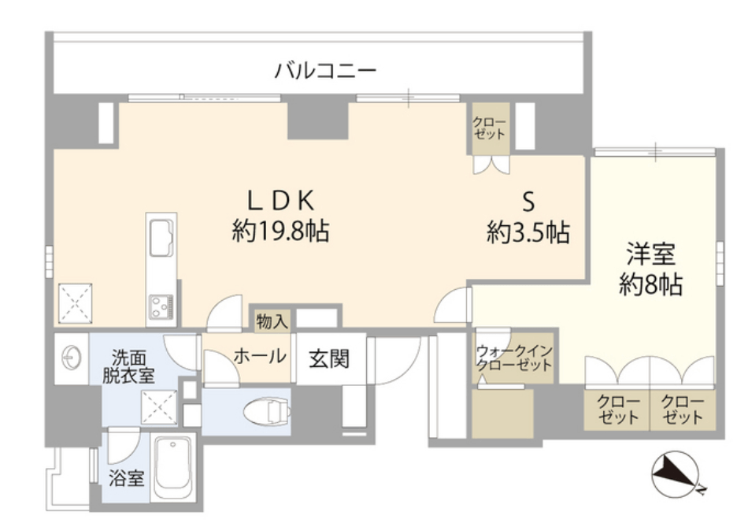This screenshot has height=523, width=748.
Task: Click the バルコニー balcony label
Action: [325, 71]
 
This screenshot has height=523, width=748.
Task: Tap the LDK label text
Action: [280, 200]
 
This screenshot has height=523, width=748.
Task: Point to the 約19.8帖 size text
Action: [280, 231]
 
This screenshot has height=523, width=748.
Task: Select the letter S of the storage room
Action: [528, 202]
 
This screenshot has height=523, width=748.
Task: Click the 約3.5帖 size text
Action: [528, 232]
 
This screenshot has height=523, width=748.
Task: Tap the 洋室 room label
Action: [650, 254]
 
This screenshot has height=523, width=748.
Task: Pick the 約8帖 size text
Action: [650, 284]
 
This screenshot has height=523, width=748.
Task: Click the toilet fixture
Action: [267, 411]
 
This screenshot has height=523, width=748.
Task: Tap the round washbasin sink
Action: [71, 358]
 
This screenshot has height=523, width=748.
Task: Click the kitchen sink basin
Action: [161, 238]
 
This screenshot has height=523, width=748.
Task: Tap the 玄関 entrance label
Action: [329, 358]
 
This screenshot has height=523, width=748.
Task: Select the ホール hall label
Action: [260, 356]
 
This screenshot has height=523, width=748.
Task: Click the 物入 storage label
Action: [272, 321]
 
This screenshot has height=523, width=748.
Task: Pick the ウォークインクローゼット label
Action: [514, 358]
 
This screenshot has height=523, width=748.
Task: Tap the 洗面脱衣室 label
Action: [129, 366]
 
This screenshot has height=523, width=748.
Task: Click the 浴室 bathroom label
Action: [127, 477]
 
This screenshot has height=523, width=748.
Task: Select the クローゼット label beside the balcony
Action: [489, 128]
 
